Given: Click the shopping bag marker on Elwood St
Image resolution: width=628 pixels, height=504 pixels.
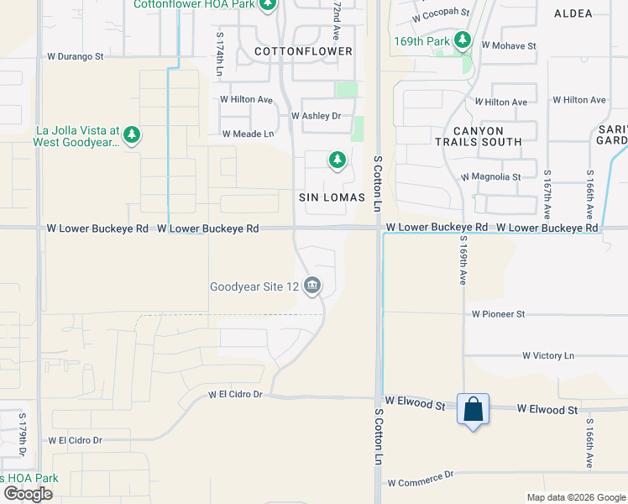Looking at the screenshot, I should [x=474, y=410].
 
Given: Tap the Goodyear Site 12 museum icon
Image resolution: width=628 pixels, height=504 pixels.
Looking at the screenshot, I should [x=312, y=286].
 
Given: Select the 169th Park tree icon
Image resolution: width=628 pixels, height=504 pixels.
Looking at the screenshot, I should [x=462, y=39].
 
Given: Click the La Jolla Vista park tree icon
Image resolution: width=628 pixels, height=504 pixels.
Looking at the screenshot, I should [x=131, y=134].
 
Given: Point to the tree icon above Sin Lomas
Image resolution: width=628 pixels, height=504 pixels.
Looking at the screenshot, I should [x=337, y=159].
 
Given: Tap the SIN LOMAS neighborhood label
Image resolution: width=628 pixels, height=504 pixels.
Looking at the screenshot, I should [x=332, y=197].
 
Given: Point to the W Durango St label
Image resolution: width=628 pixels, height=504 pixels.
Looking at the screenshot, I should [x=75, y=57].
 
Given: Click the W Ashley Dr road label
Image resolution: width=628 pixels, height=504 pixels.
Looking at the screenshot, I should [x=316, y=116].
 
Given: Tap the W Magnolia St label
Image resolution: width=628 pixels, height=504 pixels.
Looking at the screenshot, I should [x=491, y=177].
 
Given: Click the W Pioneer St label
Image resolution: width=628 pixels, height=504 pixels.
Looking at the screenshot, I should [x=498, y=314].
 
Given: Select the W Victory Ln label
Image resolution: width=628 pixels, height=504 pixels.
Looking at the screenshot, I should [x=547, y=356].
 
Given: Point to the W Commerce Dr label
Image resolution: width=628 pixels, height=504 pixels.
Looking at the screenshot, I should [x=420, y=479].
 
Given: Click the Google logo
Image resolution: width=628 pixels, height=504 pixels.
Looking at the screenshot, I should [x=29, y=494].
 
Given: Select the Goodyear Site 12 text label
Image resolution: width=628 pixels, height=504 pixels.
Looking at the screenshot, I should [x=254, y=286].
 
